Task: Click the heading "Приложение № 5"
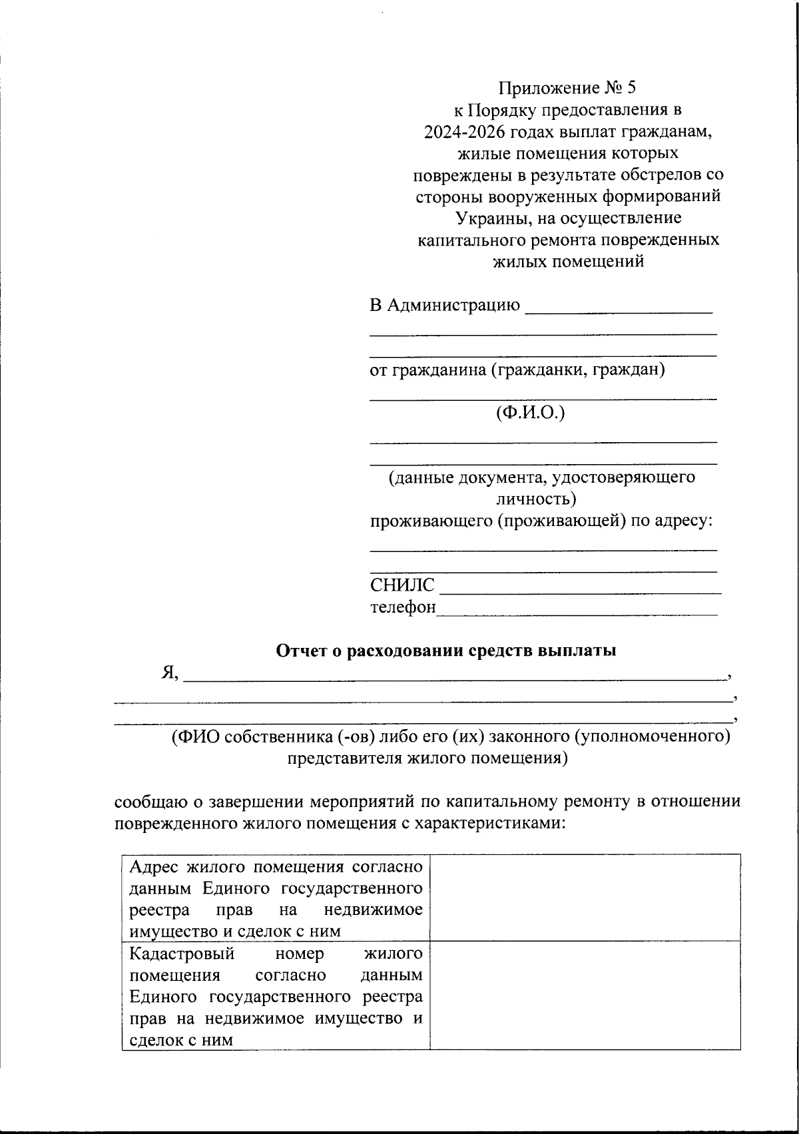click(568, 88)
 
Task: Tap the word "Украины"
click(484, 218)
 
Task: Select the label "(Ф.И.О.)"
click(530, 413)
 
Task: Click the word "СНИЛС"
click(402, 586)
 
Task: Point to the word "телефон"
click(403, 607)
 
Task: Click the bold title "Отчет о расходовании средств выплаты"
click(445, 651)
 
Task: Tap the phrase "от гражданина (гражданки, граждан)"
click(517, 370)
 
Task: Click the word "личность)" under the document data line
click(536, 498)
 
